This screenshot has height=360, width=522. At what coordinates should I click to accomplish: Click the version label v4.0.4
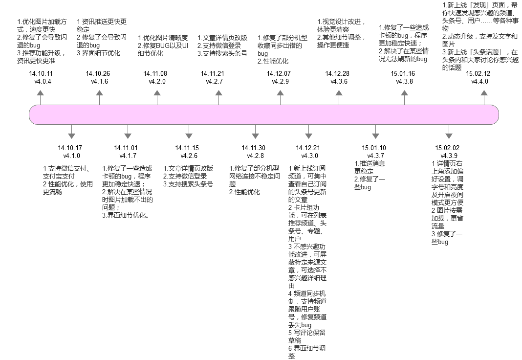43,82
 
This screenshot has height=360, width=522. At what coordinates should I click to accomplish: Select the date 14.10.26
98,73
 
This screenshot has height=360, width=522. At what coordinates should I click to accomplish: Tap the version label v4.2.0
157,82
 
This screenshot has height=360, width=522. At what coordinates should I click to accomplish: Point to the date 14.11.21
213,73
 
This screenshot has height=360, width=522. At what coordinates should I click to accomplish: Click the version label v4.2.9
281,82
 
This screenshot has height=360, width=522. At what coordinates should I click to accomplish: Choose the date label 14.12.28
337,73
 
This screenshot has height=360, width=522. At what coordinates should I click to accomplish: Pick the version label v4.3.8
405,82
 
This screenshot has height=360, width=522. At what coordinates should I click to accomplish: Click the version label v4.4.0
479,82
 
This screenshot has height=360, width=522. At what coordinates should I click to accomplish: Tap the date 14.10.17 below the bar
70,148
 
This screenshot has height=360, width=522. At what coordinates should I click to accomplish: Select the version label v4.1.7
128,156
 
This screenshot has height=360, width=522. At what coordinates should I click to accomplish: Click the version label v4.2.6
189,156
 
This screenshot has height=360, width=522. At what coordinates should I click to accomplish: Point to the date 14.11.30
254,148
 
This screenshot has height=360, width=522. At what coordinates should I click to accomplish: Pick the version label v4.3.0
309,156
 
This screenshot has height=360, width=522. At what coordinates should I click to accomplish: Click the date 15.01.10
374,148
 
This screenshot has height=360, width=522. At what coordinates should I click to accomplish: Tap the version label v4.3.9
449,156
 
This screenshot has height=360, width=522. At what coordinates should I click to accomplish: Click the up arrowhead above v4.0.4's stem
40,93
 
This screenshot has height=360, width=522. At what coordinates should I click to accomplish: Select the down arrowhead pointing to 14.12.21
308,136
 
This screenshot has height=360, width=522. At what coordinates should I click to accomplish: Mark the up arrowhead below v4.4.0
484,93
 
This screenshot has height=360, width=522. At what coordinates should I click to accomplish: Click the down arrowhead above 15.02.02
449,136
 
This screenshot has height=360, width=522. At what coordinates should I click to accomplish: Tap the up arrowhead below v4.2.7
218,93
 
